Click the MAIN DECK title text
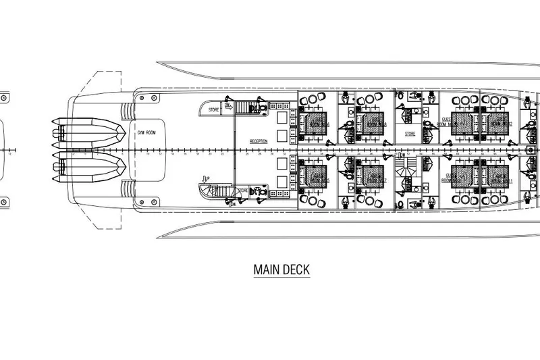281,269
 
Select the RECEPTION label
259,140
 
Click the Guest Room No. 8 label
372,124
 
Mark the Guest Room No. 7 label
372,179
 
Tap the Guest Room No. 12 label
500,124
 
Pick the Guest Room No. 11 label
500,180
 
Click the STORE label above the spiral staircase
410,134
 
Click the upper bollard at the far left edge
3,97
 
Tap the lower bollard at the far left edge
3,201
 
